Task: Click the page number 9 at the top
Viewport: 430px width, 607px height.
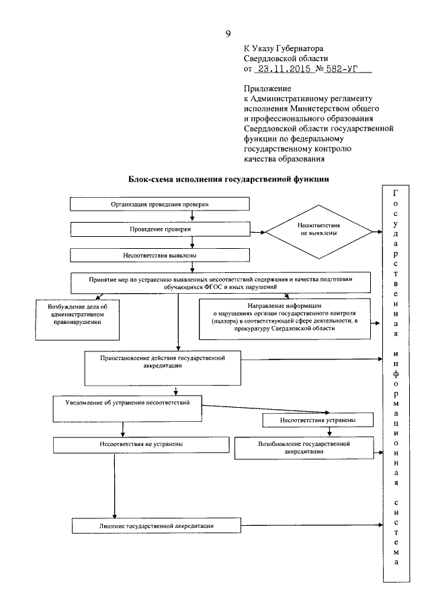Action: click(x=228, y=34)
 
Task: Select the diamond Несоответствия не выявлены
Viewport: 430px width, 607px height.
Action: click(x=318, y=233)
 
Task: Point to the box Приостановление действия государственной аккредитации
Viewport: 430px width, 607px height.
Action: click(x=163, y=363)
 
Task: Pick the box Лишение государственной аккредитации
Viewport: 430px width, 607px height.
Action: click(x=156, y=525)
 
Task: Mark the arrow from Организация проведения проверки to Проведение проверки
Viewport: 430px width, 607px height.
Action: click(x=193, y=216)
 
